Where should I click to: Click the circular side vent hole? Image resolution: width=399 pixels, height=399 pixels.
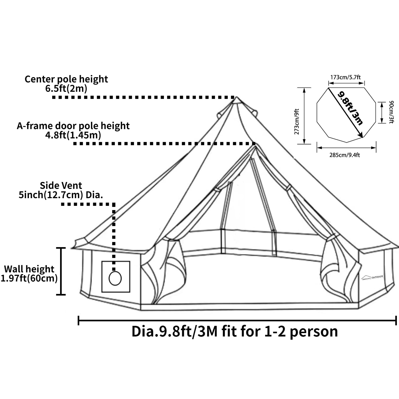click(x=115, y=278)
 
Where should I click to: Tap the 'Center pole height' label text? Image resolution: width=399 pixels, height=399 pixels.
click(x=66, y=79)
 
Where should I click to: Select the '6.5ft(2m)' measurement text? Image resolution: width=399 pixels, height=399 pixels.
click(x=66, y=89)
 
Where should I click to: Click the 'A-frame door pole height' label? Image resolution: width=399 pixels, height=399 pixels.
click(x=73, y=126)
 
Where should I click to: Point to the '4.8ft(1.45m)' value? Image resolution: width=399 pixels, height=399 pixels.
click(x=73, y=135)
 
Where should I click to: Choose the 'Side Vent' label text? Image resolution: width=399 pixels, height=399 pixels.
click(x=61, y=185)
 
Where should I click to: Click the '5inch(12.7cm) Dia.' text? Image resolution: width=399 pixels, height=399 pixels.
click(x=61, y=195)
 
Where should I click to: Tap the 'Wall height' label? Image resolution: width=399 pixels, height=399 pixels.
click(x=29, y=269)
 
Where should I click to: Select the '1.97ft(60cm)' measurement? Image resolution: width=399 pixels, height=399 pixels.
click(x=29, y=279)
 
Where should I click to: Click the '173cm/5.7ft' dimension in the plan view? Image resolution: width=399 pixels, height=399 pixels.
click(x=346, y=77)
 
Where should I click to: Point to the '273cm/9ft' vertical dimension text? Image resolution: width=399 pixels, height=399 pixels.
click(x=297, y=122)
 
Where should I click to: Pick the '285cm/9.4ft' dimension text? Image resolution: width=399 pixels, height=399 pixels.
click(x=345, y=155)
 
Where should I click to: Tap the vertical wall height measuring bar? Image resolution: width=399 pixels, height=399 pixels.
click(x=61, y=271)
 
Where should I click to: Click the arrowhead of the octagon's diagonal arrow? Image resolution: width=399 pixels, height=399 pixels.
click(x=361, y=136)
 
